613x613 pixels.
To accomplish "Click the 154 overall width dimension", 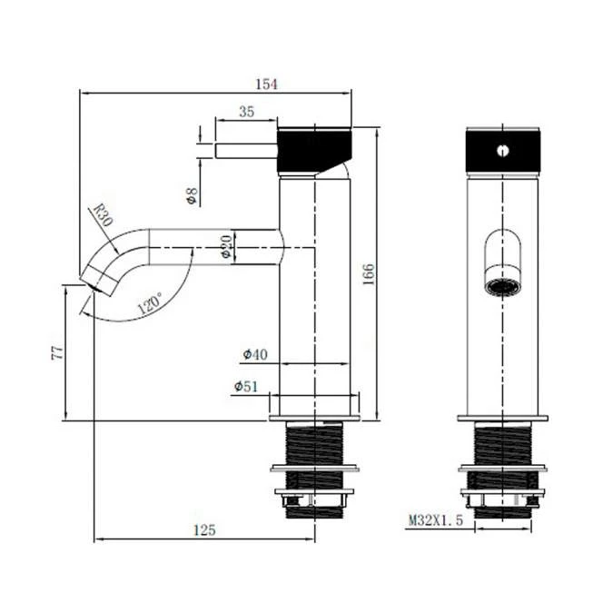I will (x=265, y=84).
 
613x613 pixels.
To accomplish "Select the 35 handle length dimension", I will (x=245, y=112).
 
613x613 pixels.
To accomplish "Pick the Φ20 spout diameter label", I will (x=227, y=246).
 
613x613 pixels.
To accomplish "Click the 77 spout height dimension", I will (x=54, y=352).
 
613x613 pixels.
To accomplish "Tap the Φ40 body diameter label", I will (x=254, y=353).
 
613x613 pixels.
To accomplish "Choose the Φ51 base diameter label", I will (x=245, y=387).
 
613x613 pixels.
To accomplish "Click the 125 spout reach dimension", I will (x=204, y=529).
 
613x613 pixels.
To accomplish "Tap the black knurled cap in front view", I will (x=502, y=150).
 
